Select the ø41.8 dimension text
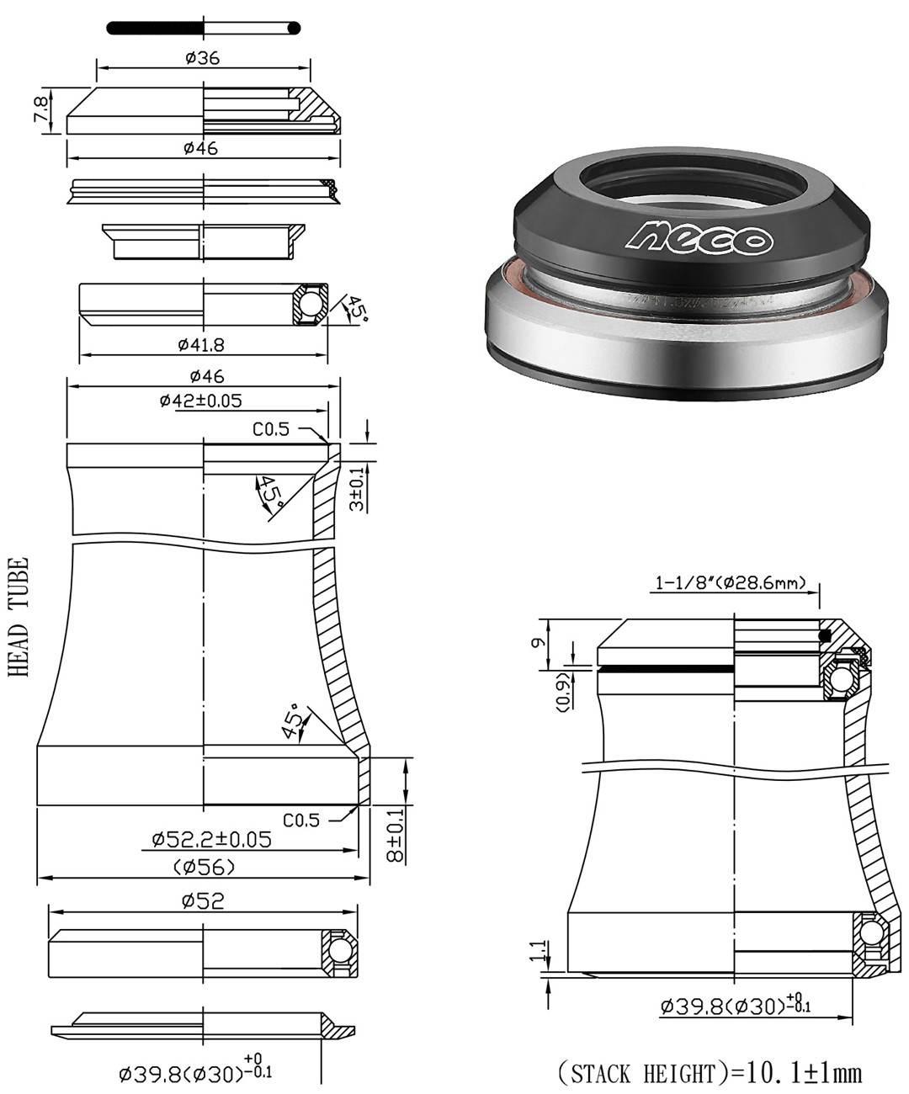(201, 344)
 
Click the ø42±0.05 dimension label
(200, 401)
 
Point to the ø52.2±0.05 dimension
(211, 839)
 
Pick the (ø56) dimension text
(204, 867)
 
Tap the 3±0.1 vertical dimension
(357, 489)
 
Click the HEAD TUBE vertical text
(19, 617)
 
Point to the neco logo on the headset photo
(698, 237)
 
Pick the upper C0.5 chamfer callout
(271, 429)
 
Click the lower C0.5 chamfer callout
(300, 819)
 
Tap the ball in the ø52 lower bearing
(340, 951)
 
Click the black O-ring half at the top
(156, 29)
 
